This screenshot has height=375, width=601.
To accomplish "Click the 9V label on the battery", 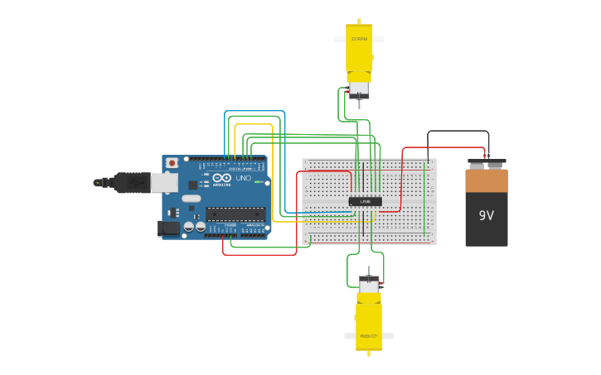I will pyautogui.click(x=486, y=215).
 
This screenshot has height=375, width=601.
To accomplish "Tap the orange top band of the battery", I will pyautogui.click(x=487, y=180).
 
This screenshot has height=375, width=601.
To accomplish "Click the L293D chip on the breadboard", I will pyautogui.click(x=365, y=201).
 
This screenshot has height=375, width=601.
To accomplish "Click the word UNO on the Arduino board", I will pyautogui.click(x=244, y=178).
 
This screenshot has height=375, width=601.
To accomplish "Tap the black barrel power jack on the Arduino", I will pyautogui.click(x=168, y=228).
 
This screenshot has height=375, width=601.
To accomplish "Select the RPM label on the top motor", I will pyautogui.click(x=359, y=39).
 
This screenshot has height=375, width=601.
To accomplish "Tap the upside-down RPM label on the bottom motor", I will pyautogui.click(x=369, y=336).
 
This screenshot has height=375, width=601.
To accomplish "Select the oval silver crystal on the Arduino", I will pyautogui.click(x=191, y=198).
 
